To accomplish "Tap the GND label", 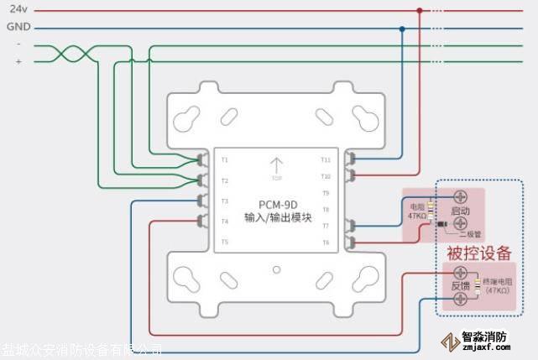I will [x=18, y=28].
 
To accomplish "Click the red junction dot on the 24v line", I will [x=420, y=11].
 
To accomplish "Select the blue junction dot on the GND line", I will [x=402, y=28].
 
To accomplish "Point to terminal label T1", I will [x=224, y=159].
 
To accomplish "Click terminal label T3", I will [x=224, y=201].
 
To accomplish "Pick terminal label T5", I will [x=224, y=243].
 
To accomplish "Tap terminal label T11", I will [x=326, y=159].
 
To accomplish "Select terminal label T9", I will [x=326, y=193].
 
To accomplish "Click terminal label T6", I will [x=326, y=243].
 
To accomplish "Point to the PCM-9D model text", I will [x=277, y=204].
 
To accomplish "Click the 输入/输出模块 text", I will [x=277, y=218].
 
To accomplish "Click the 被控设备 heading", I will [x=479, y=252].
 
